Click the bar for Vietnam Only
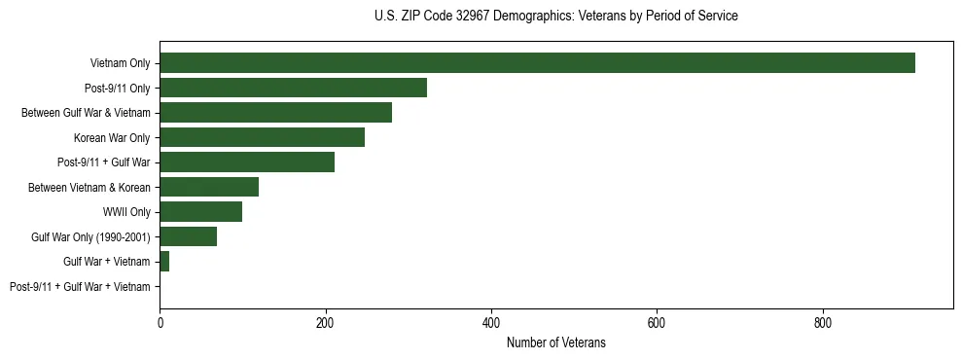point(537,63)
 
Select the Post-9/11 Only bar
point(293,88)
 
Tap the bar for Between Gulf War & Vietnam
point(275,113)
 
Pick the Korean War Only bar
point(262,137)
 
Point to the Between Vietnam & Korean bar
point(209,187)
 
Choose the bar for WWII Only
point(200,212)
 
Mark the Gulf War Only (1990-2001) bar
point(188,236)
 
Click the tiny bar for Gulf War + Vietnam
point(164,262)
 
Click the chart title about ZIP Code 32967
point(555,17)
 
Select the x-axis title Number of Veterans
point(555,342)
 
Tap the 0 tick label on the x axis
point(160,322)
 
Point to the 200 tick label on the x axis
point(326,322)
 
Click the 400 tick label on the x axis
point(491,322)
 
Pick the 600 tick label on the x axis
point(657,322)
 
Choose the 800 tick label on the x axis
point(823,322)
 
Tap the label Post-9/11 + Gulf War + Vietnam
point(80,287)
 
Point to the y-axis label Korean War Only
point(112,137)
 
